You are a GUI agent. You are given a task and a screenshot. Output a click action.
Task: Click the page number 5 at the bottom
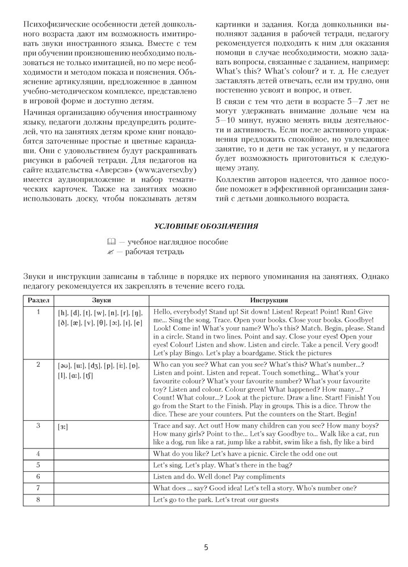click(206, 547)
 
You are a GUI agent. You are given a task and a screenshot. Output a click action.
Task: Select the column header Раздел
click(38, 300)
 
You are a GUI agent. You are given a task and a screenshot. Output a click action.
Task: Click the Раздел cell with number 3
click(38, 425)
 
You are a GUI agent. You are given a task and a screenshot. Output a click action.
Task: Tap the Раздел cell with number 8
click(38, 501)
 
